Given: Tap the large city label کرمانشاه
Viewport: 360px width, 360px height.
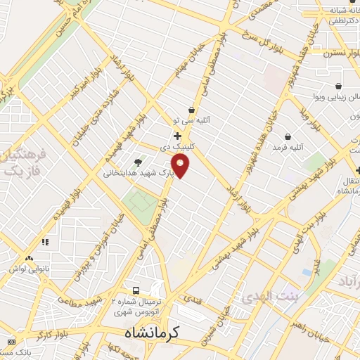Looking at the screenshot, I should coord(156,333).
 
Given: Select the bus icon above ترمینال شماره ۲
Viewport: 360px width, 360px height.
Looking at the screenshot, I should coord(136,290).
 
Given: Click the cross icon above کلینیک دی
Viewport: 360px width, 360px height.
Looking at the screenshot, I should coord(177,136).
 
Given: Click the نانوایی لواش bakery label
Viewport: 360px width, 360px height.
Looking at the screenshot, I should coord(27,269).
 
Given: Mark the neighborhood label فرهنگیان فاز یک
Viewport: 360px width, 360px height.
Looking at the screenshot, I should coord(21,162).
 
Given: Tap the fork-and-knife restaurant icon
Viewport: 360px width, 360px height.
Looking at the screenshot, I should coord(45,242).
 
